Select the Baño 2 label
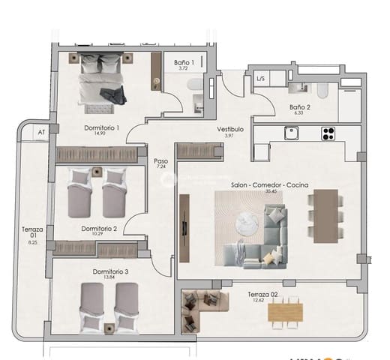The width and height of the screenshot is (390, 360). (300, 107)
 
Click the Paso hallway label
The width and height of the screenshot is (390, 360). (160, 160)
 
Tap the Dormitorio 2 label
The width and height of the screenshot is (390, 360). (99, 228)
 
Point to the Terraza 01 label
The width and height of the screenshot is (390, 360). (31, 231)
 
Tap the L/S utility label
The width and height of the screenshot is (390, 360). (260, 78)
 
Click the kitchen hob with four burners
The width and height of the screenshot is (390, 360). (328, 133)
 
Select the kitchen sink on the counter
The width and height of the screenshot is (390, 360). (291, 133)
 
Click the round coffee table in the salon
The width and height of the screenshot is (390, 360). (247, 223)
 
